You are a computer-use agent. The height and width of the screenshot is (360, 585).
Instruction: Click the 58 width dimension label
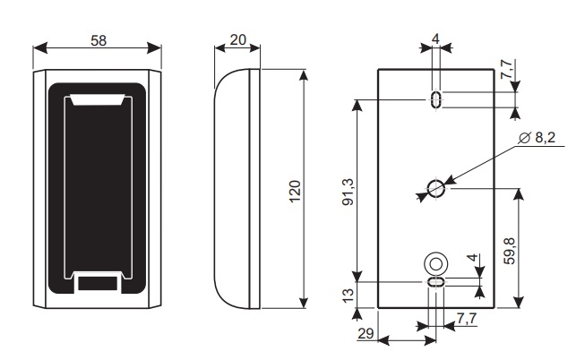99,40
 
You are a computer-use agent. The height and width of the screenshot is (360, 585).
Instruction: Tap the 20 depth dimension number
237,39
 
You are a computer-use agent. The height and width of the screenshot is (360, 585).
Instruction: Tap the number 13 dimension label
349,294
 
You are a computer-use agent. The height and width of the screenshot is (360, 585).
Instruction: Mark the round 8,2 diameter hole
436,188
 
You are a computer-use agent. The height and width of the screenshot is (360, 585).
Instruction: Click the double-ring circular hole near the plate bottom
436,263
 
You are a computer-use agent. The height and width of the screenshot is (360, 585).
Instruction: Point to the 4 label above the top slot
436,39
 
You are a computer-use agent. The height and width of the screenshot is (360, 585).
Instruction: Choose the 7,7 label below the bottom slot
466,318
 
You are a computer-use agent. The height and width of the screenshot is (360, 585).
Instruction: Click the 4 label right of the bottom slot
473,259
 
